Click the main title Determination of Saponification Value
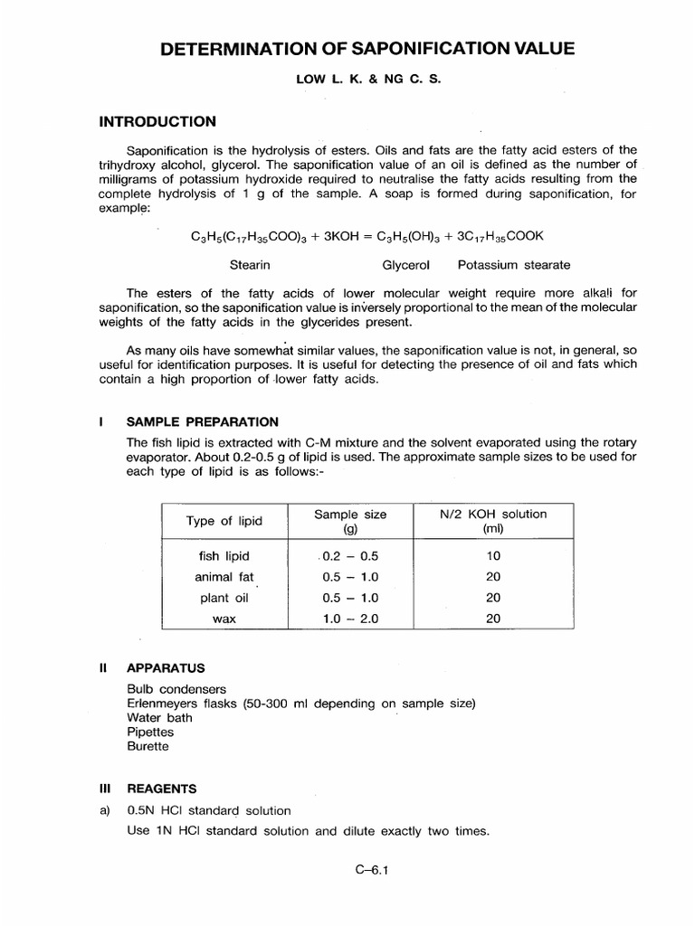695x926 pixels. pos(367,49)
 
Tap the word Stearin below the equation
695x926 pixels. pos(251,265)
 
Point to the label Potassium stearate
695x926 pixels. pos(514,265)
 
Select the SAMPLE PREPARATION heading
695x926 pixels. pos(202,421)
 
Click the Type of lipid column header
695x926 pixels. pos(224,521)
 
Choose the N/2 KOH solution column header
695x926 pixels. pos(493,521)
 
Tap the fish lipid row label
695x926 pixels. pos(224,556)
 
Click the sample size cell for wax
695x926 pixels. pos(350,619)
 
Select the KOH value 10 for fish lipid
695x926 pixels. pos(493,556)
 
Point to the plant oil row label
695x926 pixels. pos(224,598)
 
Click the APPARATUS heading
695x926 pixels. pos(166,668)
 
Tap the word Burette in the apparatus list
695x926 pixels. pos(148,747)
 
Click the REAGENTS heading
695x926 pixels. pos(163,789)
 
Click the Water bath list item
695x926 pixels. pos(160,718)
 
